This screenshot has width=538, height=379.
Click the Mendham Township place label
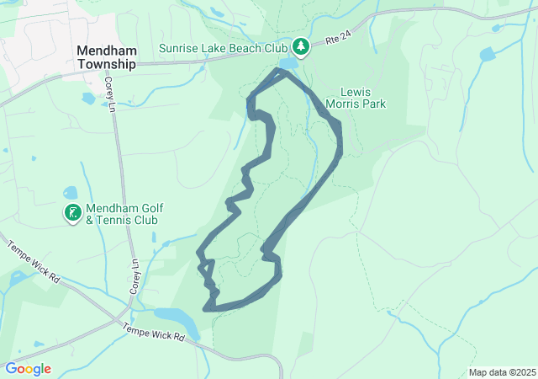pyautogui.click(x=106, y=57)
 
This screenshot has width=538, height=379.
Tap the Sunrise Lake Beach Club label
pyautogui.click(x=224, y=48)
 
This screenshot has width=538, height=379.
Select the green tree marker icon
pyautogui.click(x=301, y=45)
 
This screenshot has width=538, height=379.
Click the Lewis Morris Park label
pyautogui.click(x=363, y=98)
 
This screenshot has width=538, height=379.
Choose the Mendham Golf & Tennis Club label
pyautogui.click(x=124, y=214)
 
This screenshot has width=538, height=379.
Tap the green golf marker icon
pyautogui.click(x=73, y=213)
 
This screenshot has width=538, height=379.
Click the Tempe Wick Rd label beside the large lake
pyautogui.click(x=153, y=333)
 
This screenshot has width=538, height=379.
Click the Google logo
pyautogui.click(x=28, y=369)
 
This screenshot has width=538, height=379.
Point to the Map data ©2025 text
pyautogui.click(x=502, y=372)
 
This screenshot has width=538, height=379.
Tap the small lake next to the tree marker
pyautogui.click(x=287, y=63)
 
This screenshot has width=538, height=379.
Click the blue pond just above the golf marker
pyautogui.click(x=70, y=193)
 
